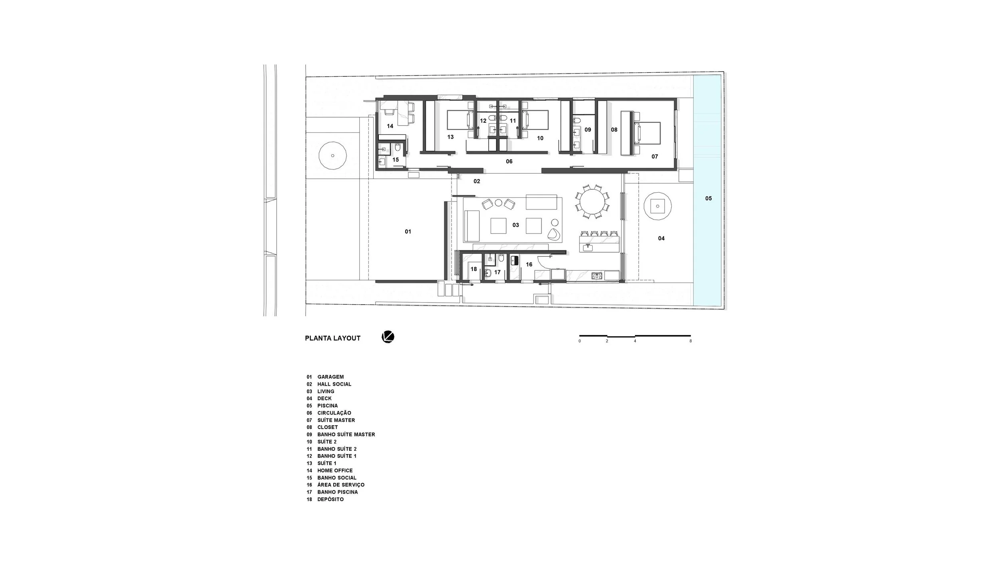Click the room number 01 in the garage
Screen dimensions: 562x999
(408, 231)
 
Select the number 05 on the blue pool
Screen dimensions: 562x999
(708, 198)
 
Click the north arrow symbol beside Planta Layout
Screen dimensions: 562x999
(388, 337)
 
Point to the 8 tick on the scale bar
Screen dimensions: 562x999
(690, 341)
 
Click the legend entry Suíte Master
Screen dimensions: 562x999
(336, 420)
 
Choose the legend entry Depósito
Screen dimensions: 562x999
(330, 499)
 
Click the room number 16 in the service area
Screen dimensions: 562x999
(529, 264)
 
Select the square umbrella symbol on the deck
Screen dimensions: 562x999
(657, 206)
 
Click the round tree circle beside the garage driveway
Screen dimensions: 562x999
(332, 156)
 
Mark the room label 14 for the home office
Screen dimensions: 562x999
(390, 126)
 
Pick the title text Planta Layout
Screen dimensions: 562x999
(332, 338)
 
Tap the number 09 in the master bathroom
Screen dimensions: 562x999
(587, 130)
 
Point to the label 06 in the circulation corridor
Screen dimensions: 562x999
(509, 161)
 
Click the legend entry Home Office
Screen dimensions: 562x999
(335, 470)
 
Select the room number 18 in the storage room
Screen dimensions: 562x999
(474, 269)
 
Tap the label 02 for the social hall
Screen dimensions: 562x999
(476, 181)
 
